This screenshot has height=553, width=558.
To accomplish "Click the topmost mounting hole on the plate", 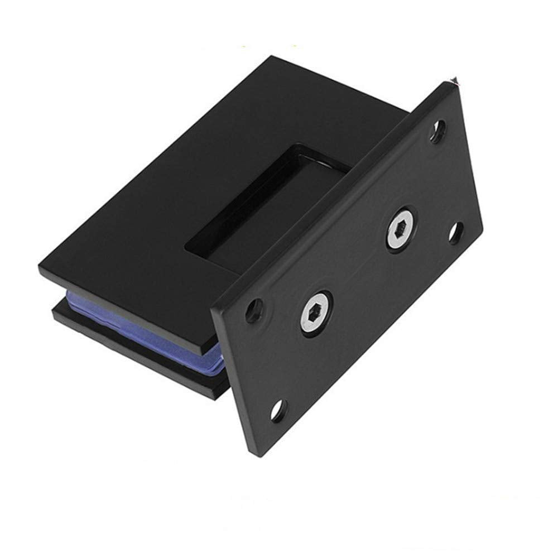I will pyautogui.click(x=440, y=132).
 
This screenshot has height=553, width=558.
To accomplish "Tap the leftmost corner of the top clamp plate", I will pyautogui.click(x=39, y=267).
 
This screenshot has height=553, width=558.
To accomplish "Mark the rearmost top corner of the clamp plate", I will pyautogui.click(x=272, y=57).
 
